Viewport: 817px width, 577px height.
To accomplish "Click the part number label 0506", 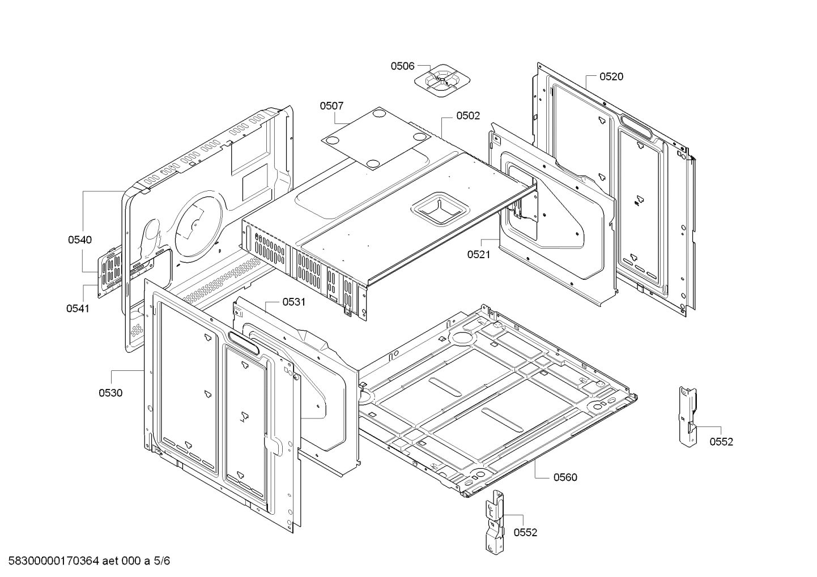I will point(402,66).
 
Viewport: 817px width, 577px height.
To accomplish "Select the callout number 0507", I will point(331,106).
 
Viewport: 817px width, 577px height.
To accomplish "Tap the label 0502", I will point(468,116).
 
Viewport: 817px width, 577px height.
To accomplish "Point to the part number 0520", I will point(611,77).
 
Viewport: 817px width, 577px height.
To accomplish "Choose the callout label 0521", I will point(479,254).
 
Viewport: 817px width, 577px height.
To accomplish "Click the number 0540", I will point(80,240).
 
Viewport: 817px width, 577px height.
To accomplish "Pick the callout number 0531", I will point(293,302).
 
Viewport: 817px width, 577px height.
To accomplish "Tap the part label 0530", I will point(110,393).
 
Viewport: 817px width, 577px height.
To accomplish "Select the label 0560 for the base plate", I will point(565,477).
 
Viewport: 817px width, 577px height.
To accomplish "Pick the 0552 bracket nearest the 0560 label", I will point(494,521).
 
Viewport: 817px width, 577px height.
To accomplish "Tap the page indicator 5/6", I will point(162,561).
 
